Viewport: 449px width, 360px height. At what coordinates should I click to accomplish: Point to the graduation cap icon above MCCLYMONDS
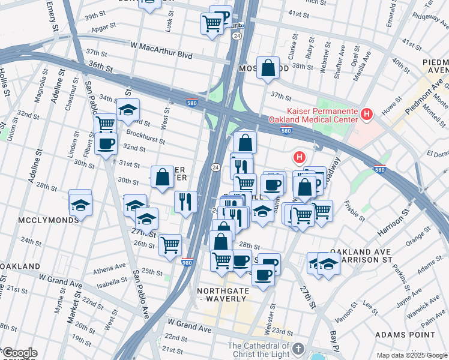click(80, 204)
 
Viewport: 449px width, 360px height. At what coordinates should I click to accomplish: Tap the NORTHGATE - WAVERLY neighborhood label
click(221, 295)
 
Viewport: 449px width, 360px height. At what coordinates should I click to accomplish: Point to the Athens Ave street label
click(109, 268)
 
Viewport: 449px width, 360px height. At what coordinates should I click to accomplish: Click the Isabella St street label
click(115, 278)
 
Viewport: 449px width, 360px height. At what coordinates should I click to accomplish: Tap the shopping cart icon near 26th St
click(170, 245)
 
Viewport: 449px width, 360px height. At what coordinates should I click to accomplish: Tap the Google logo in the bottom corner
click(19, 353)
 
